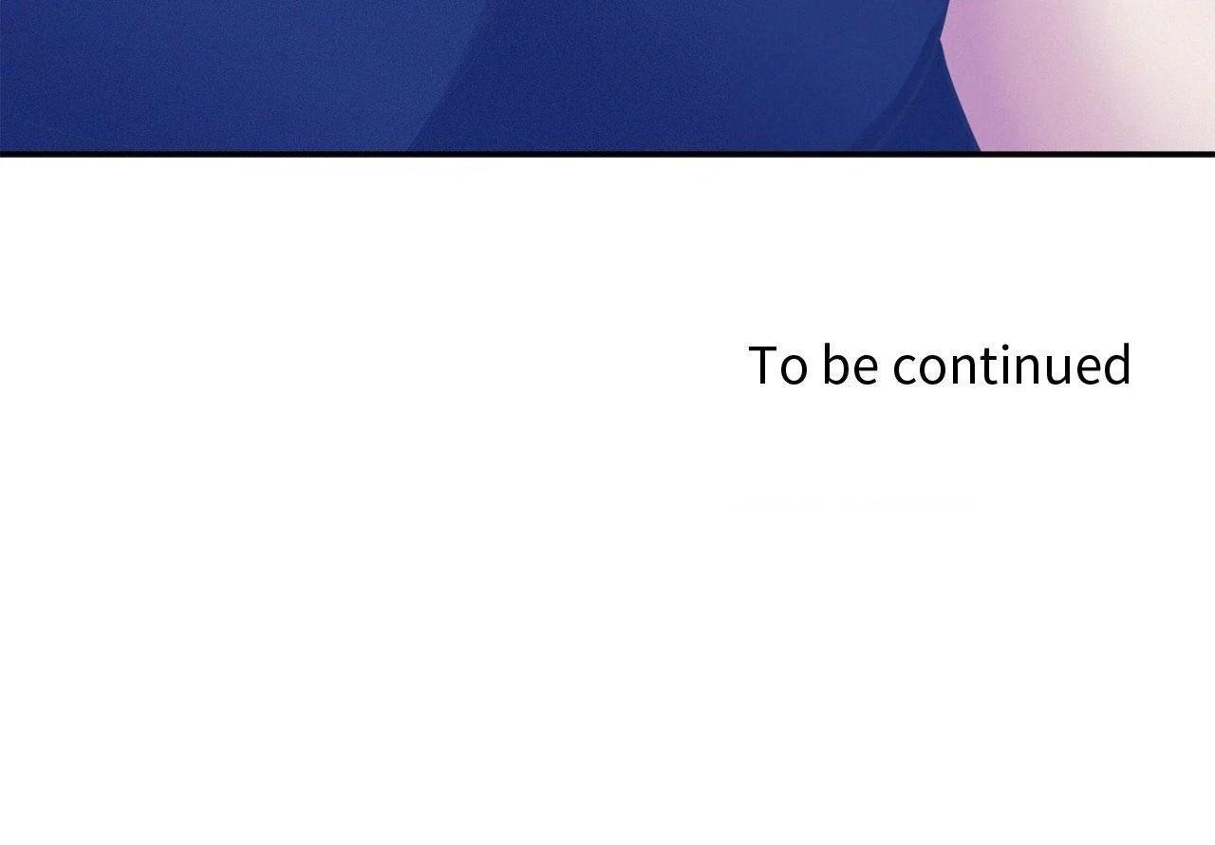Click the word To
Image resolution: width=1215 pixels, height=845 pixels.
pyautogui.click(x=777, y=365)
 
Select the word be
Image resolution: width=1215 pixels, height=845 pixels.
pyautogui.click(x=850, y=364)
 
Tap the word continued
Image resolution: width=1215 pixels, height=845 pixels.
pyautogui.click(x=1012, y=364)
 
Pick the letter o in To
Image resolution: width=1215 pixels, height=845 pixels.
pyautogui.click(x=794, y=370)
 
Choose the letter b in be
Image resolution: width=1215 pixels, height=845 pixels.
pyautogui.click(x=836, y=364)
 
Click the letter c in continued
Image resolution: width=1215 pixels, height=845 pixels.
pyautogui.click(x=906, y=370)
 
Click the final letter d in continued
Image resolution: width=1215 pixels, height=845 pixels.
pyautogui.click(x=1118, y=364)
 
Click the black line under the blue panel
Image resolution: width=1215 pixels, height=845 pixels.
pyautogui.click(x=607, y=154)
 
